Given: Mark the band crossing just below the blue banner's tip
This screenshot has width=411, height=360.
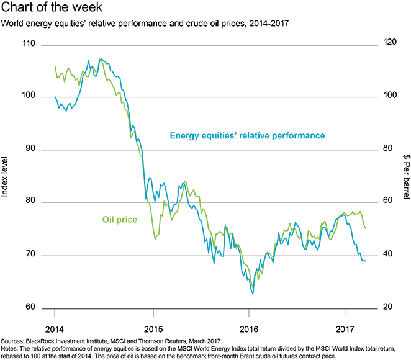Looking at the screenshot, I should click(142, 146).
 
